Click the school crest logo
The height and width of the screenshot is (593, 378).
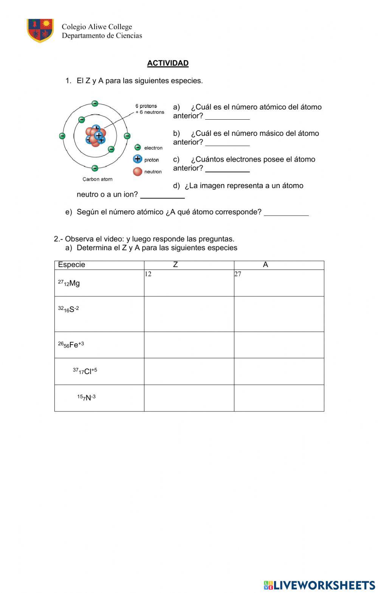click(40, 31)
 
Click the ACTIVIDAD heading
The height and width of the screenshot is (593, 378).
click(167, 63)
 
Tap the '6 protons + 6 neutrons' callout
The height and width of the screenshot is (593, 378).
click(150, 109)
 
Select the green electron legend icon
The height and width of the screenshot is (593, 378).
click(138, 148)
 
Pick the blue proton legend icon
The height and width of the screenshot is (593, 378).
click(138, 159)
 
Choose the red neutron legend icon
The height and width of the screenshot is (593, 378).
click(138, 172)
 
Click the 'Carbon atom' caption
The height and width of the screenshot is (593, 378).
click(98, 179)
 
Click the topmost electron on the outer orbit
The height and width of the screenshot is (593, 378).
click(95, 103)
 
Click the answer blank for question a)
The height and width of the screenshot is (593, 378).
click(227, 117)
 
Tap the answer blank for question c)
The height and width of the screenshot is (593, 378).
click(227, 169)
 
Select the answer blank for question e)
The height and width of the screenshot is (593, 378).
click(286, 213)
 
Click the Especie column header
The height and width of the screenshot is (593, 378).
click(72, 265)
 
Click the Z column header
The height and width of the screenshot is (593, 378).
click(175, 265)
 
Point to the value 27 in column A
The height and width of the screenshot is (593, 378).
click(238, 274)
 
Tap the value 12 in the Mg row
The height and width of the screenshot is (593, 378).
click(148, 274)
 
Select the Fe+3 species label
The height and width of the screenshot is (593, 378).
click(71, 345)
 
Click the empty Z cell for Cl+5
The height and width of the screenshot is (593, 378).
click(189, 371)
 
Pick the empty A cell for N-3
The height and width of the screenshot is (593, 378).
click(279, 398)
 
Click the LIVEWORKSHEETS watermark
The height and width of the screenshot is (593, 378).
click(319, 585)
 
